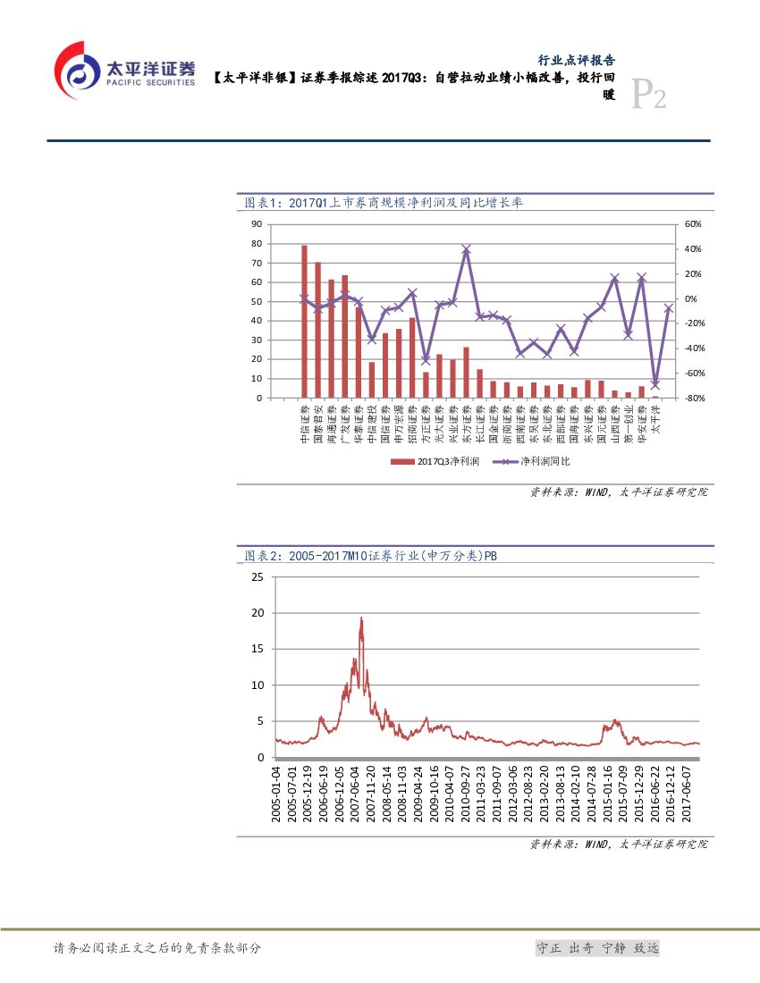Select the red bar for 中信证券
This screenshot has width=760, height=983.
pyautogui.click(x=304, y=322)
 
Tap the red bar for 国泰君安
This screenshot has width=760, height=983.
pyautogui.click(x=317, y=331)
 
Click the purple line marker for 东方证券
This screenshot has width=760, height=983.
pyautogui.click(x=466, y=250)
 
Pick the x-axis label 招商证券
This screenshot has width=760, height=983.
pyautogui.click(x=412, y=424)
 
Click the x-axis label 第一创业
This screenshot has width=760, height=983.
pyautogui.click(x=628, y=424)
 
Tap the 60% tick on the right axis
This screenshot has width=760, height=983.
pyautogui.click(x=694, y=224)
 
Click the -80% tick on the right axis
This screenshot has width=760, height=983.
pyautogui.click(x=694, y=399)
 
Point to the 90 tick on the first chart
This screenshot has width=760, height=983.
pyautogui.click(x=256, y=224)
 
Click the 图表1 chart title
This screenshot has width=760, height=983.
pyautogui.click(x=384, y=203)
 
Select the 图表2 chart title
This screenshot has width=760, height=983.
pyautogui.click(x=371, y=556)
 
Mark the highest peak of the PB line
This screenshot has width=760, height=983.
pyautogui.click(x=361, y=618)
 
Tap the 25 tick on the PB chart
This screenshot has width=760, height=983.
pyautogui.click(x=258, y=577)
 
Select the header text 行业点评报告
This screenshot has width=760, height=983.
pyautogui.click(x=576, y=60)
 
